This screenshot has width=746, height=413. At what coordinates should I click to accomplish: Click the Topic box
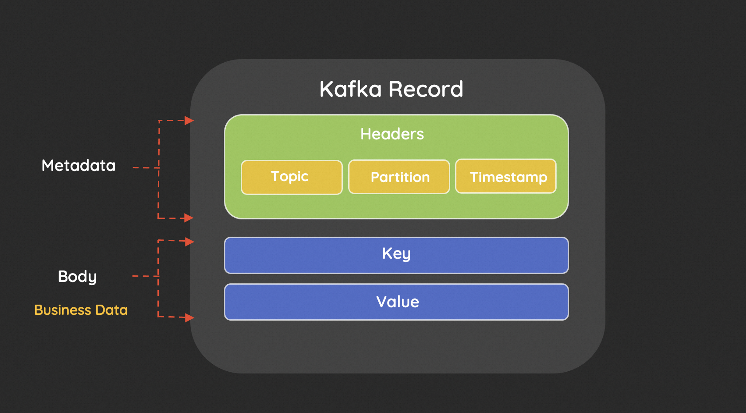pos(291,177)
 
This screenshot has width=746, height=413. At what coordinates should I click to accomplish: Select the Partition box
pos(399,177)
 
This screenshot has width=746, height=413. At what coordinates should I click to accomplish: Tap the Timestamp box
pos(506,176)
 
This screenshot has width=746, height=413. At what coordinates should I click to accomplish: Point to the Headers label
pos(392,134)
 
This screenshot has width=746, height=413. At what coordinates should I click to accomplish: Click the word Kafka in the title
pos(350,89)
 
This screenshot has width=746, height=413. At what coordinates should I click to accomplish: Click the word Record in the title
pos(426,89)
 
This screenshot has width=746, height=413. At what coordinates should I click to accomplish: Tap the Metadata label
pos(79,166)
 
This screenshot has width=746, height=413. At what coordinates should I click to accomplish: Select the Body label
pos(77,277)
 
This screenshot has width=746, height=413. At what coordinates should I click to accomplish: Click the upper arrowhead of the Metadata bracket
pos(189,120)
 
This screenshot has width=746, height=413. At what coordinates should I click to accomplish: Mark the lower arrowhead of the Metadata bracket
pos(189,218)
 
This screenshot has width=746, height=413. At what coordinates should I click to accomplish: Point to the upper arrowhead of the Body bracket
pos(190,242)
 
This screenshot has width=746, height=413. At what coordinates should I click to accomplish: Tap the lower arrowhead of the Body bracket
pos(190,318)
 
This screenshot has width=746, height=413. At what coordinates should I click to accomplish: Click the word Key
pos(396,254)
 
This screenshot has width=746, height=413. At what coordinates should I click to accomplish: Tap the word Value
pos(397,302)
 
